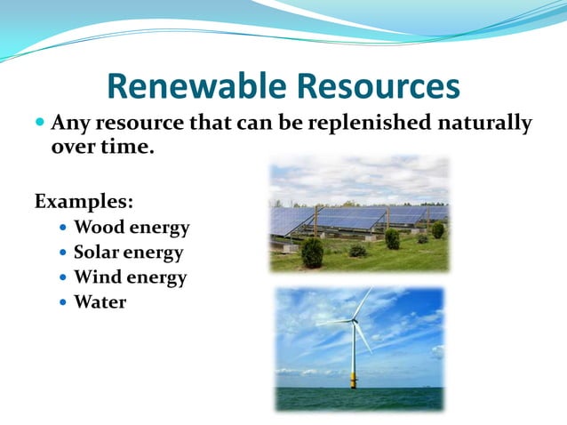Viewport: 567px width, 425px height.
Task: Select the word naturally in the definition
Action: [x=489, y=123]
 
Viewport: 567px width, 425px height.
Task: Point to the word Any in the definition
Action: [x=68, y=123]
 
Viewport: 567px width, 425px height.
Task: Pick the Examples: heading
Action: [x=84, y=201]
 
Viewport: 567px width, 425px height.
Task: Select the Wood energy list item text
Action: [x=132, y=228]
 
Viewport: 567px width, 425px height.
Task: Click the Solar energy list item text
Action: [x=128, y=253]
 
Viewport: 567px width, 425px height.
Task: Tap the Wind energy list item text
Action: [x=130, y=277]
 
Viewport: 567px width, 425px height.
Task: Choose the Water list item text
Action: [x=100, y=302]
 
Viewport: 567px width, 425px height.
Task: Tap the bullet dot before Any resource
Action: [x=40, y=120]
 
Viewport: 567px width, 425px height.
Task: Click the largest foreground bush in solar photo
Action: [x=312, y=253]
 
